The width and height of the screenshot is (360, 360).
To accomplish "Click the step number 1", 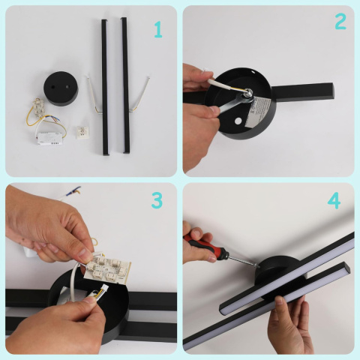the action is tap(158, 29).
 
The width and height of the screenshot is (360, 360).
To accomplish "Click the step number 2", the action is tap(340, 21).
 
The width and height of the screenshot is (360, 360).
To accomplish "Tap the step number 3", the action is tap(157, 200).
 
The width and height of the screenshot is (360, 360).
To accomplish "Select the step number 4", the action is tap(334, 201).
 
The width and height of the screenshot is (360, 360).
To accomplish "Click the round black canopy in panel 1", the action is tap(61, 88).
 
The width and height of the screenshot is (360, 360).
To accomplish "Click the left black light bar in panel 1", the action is tap(105, 88).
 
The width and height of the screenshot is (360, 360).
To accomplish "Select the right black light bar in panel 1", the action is tap(125, 85).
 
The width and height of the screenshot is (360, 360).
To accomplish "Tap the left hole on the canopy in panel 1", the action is tap(53, 87).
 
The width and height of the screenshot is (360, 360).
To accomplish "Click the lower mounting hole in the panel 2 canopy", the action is tap(238, 121).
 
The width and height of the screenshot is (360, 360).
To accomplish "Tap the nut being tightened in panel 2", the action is tap(248, 93).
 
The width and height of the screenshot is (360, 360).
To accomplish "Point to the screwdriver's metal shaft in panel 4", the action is tap(243, 261).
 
